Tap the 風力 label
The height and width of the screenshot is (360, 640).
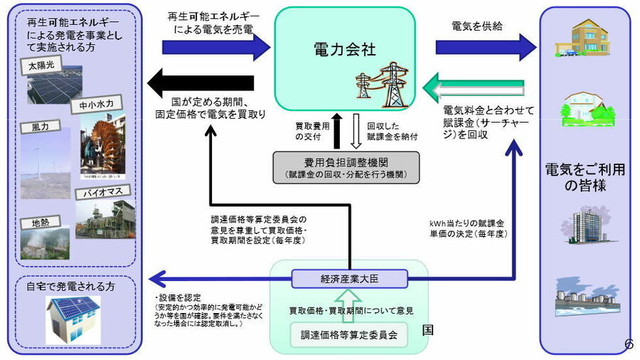(40, 127)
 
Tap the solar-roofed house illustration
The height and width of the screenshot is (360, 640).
(74, 319)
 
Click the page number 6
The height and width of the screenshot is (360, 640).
(628, 344)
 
